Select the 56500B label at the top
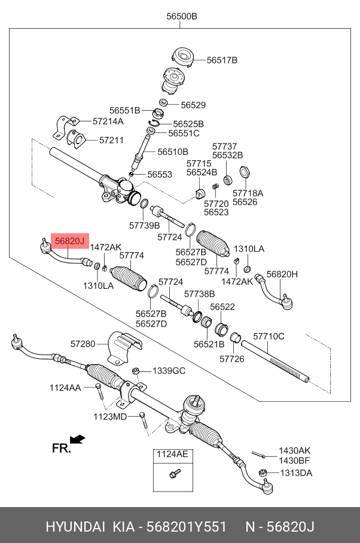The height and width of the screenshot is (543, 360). [x=182, y=17]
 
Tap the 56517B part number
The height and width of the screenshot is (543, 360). [x=222, y=60]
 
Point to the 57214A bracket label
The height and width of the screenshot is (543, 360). [x=108, y=121]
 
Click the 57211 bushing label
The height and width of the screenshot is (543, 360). [x=111, y=141]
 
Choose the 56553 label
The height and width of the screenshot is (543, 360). [x=160, y=175]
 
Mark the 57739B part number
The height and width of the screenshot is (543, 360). [x=144, y=225]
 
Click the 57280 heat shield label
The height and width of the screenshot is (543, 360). [x=83, y=344]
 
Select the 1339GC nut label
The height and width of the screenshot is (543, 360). [x=169, y=371]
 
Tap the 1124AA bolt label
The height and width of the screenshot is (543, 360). [x=65, y=388]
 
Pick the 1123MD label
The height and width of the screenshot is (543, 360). [x=110, y=416]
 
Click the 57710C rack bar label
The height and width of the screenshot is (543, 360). [x=269, y=337]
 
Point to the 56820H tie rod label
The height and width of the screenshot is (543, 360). [x=282, y=274]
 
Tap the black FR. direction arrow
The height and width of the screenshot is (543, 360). [x=77, y=440]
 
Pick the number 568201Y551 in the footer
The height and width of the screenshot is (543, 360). [x=188, y=527]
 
